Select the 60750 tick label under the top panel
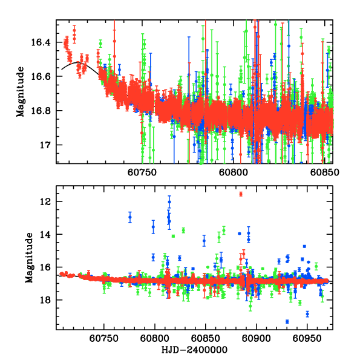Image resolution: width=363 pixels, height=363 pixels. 143,172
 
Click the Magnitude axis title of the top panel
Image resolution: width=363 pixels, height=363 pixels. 21,91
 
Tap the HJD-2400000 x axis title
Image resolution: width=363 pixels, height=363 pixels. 195,350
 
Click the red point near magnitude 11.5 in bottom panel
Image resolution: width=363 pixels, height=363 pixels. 241,194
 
